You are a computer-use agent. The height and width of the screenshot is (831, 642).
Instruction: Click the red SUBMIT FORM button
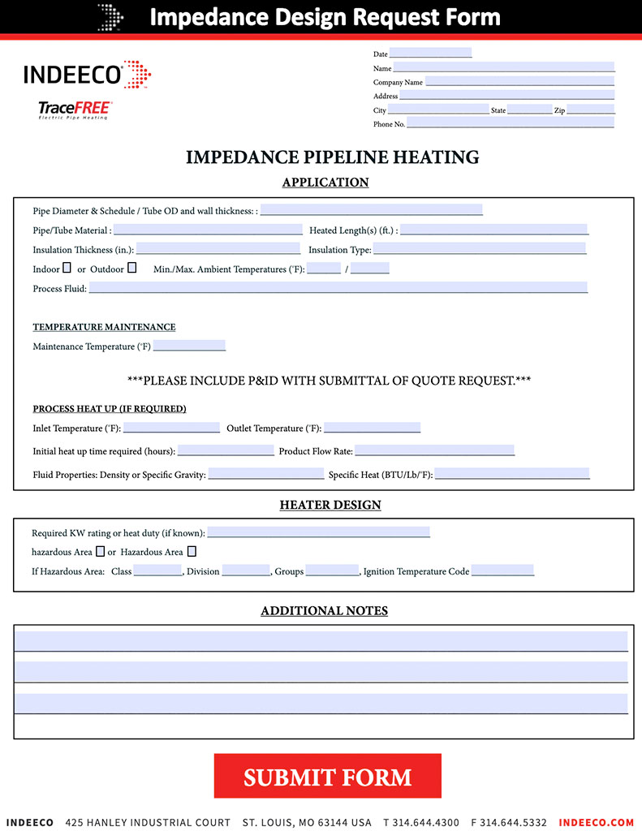[x=327, y=776]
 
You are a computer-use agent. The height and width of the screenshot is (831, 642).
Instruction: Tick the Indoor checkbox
[x=67, y=268]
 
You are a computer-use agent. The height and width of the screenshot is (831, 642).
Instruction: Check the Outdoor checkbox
[x=131, y=268]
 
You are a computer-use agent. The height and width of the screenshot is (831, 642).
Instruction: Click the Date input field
[x=430, y=54]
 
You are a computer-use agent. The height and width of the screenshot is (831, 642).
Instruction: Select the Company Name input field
[x=519, y=81]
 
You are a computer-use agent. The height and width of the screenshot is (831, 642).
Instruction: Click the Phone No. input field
[x=511, y=123]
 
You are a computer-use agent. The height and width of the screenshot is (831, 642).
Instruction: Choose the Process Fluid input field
[x=338, y=288]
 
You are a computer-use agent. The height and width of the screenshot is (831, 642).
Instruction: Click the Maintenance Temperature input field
[x=189, y=346]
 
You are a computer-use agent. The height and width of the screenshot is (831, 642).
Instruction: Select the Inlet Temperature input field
[x=171, y=427]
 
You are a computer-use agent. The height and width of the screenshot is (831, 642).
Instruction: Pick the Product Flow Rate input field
[x=434, y=450]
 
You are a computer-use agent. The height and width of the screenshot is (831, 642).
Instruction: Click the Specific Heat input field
[x=512, y=473]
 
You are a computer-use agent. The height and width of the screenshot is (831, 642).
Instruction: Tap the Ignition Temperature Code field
[x=502, y=571]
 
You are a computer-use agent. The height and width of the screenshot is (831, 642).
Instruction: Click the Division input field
[x=245, y=571]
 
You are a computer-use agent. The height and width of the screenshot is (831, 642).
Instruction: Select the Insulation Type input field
[x=479, y=249]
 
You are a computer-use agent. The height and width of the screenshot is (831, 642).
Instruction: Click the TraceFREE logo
[x=75, y=110]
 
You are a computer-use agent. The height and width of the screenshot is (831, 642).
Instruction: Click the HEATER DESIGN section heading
[x=330, y=505]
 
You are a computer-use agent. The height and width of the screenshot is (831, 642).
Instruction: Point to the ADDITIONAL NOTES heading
[x=324, y=610]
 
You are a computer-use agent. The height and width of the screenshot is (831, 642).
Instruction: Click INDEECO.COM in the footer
[x=596, y=822]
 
